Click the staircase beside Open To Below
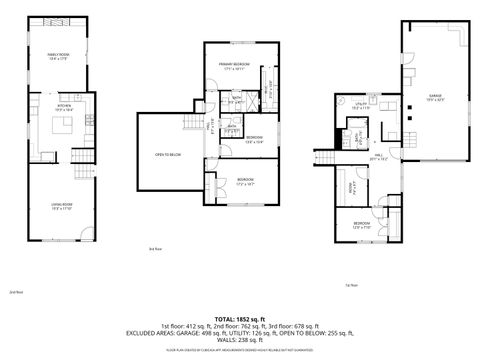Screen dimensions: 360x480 click(189, 122)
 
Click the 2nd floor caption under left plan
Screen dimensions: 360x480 click(16, 293)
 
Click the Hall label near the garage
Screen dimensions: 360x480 click(380, 156)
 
